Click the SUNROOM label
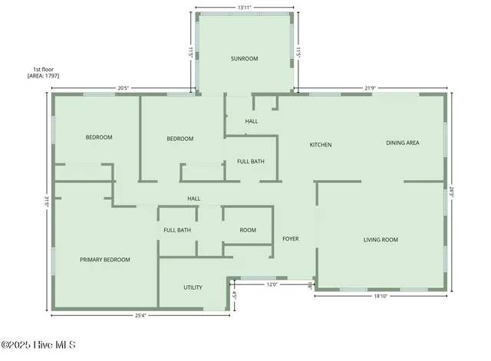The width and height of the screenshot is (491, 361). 244,58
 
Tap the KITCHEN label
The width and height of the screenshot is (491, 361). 320,145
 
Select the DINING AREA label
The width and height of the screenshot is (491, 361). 402,143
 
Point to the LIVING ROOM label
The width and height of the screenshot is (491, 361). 381,240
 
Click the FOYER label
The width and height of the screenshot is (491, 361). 290,239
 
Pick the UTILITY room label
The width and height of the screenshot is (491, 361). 193,287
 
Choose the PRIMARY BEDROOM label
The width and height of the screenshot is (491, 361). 105,260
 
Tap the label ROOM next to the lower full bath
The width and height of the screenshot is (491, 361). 247,230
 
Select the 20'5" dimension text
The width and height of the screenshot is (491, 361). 123,87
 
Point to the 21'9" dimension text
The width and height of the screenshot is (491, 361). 370,87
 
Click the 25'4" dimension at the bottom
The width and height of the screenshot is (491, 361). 140,314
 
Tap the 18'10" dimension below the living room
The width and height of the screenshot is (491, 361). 381,295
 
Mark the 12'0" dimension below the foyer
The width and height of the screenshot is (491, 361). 272,284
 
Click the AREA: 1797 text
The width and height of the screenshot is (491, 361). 43,76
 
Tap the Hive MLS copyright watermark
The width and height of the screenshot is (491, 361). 38,345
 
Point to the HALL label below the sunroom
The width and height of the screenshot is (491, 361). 252,121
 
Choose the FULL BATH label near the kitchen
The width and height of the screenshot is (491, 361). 251,162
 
